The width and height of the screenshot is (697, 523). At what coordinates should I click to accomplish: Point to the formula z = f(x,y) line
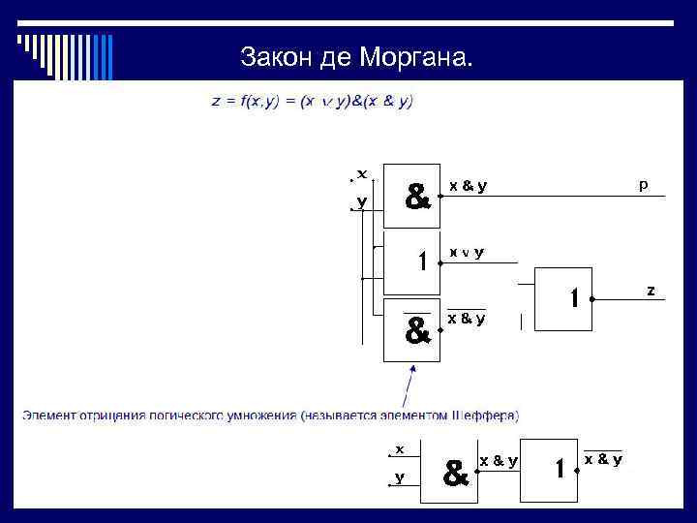coord(313,101)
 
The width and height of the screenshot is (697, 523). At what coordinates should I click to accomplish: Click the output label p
coord(644,183)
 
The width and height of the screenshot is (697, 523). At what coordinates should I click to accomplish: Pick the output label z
coord(651,290)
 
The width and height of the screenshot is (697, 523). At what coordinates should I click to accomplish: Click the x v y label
coord(466,252)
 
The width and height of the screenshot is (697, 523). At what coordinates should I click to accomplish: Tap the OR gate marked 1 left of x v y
coord(412,261)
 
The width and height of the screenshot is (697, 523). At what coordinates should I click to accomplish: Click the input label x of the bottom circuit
coord(400,448)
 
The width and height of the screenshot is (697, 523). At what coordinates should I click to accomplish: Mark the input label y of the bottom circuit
coord(400,477)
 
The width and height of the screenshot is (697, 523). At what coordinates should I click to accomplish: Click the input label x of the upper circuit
coord(362,173)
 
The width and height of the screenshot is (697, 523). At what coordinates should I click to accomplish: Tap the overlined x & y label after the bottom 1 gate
coord(602,459)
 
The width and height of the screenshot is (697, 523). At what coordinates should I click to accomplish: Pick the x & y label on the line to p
coord(467,186)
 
